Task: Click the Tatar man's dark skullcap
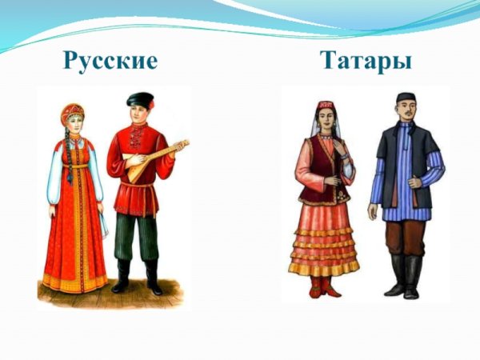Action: [406, 98]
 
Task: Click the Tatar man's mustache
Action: [406, 119]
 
